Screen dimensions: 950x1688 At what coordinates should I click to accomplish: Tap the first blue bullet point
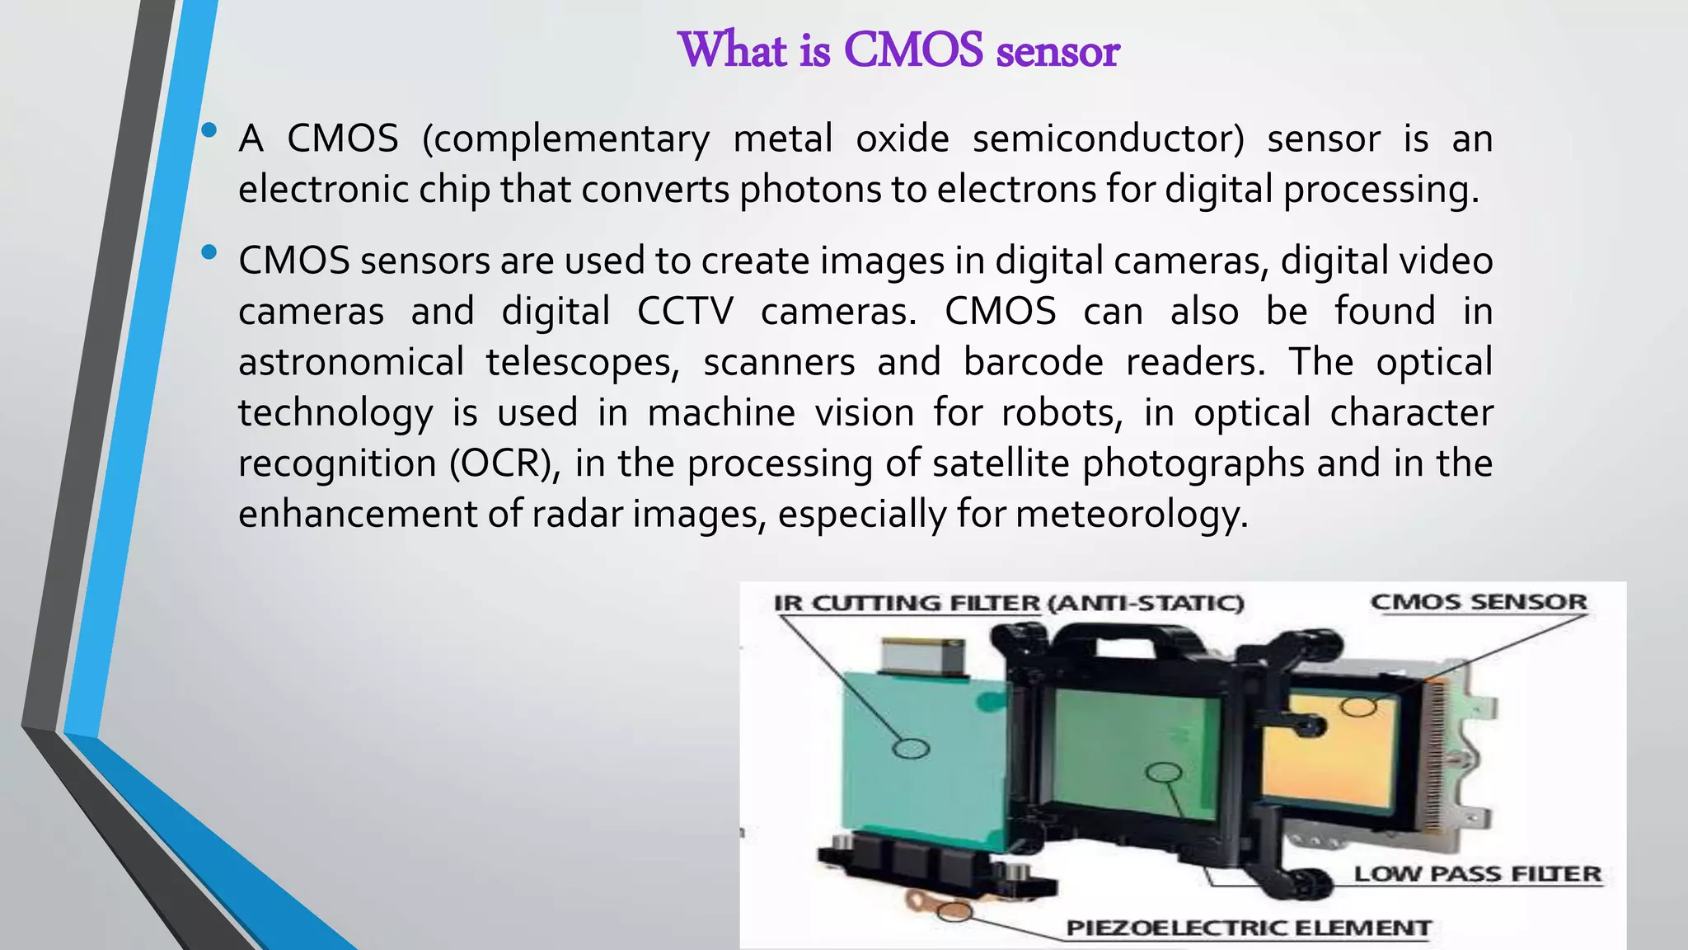(x=209, y=130)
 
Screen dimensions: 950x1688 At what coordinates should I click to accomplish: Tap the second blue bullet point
(x=209, y=252)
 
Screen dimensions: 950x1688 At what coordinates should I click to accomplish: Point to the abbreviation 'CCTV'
(x=685, y=312)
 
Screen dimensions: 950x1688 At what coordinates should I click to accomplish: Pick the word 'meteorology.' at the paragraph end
(x=1132, y=515)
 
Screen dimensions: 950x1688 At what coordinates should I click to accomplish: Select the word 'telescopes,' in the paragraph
(x=583, y=363)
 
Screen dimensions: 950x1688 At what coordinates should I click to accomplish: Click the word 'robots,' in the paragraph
(x=1062, y=413)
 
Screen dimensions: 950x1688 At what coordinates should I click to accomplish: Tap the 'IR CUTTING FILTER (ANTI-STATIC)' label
(x=1008, y=604)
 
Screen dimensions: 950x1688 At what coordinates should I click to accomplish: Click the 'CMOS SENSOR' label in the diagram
(x=1479, y=602)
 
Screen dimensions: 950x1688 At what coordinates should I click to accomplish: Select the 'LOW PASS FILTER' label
(x=1477, y=874)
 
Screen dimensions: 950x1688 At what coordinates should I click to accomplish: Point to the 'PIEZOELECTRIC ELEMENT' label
(x=1248, y=929)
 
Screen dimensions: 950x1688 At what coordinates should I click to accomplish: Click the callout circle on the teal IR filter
(x=912, y=748)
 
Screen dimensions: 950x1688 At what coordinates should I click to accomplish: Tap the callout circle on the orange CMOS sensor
(x=1358, y=707)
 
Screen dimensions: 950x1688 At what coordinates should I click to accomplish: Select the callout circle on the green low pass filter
(x=1164, y=773)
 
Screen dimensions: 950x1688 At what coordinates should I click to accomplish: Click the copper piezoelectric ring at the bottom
(x=954, y=911)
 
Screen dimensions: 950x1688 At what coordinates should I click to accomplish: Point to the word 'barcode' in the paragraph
(x=1033, y=363)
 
